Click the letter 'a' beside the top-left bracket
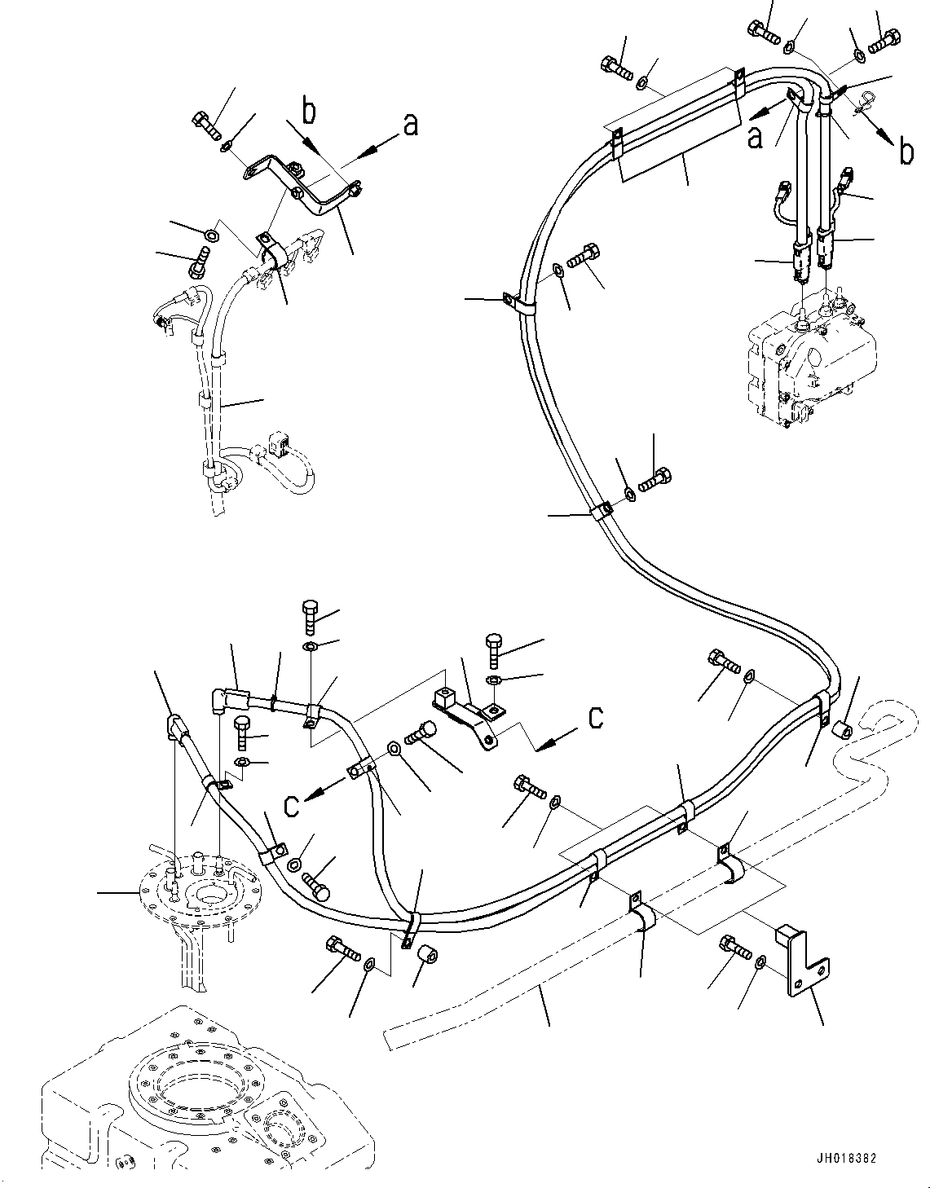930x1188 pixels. click(410, 125)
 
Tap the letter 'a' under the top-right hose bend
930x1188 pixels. click(756, 137)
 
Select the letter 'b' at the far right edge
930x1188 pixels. click(906, 152)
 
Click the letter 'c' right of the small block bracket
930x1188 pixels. click(596, 716)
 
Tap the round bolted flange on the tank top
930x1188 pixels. click(196, 892)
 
